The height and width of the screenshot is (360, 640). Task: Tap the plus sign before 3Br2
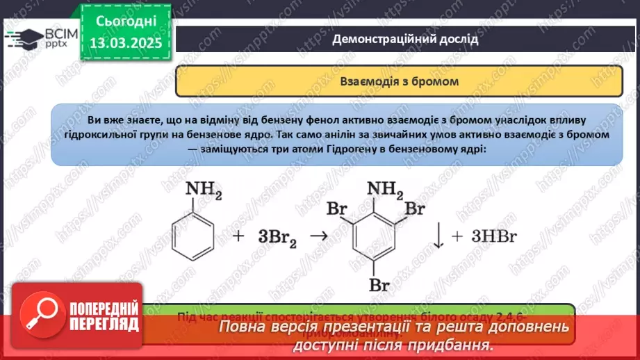pyautogui.click(x=238, y=236)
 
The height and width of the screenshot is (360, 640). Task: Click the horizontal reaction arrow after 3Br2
pyautogui.click(x=318, y=236)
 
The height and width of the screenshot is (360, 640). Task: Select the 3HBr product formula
pyautogui.click(x=494, y=236)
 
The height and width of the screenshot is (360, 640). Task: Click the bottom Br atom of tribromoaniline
pyautogui.click(x=379, y=284)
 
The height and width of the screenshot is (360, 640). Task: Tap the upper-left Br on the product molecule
pyautogui.click(x=337, y=207)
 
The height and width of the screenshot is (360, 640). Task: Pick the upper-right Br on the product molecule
pyautogui.click(x=415, y=207)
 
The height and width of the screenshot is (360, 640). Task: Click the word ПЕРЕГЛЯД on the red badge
pyautogui.click(x=105, y=324)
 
